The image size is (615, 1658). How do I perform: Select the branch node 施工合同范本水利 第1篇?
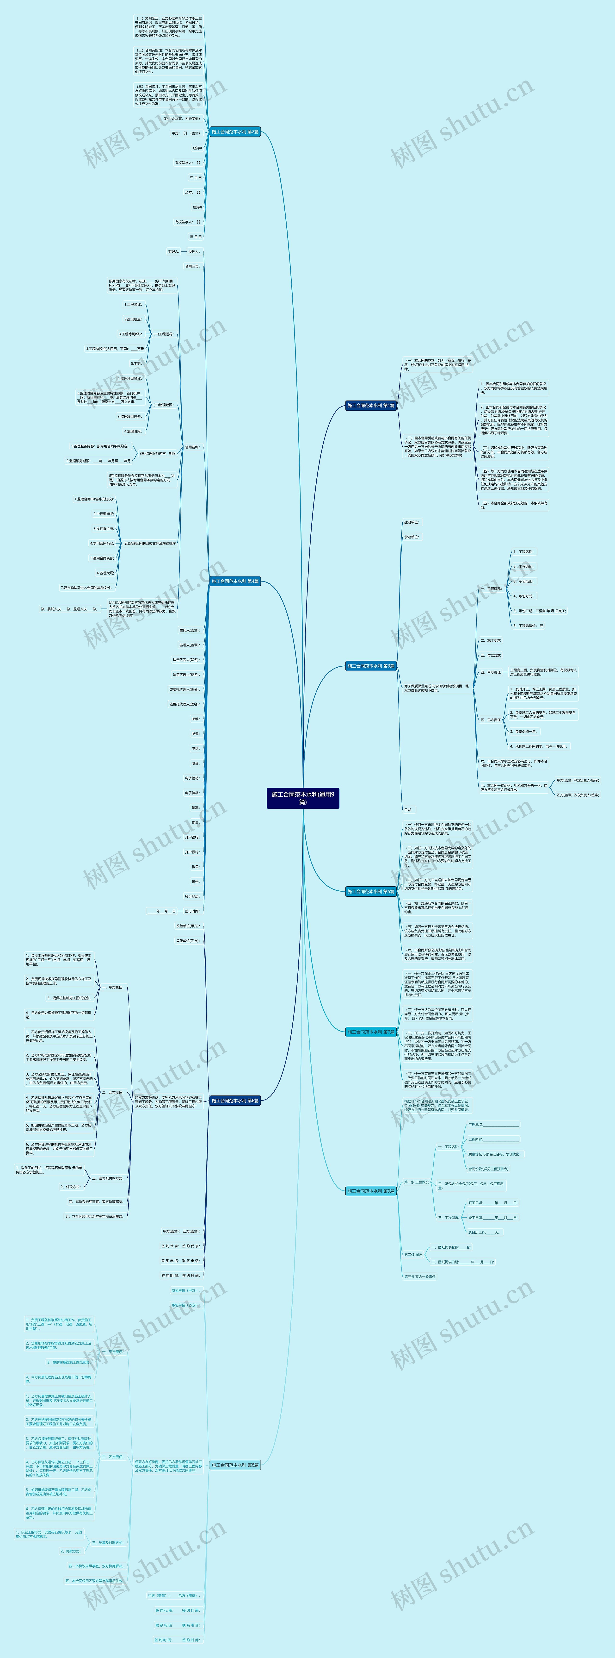tap(370, 406)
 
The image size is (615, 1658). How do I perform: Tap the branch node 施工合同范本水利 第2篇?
tap(235, 132)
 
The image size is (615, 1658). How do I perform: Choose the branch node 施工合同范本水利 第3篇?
tap(370, 665)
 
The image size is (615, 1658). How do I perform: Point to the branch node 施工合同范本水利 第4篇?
tap(235, 581)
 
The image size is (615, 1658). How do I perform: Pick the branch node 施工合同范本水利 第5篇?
tap(370, 891)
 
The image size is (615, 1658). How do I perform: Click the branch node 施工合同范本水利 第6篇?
tap(235, 1101)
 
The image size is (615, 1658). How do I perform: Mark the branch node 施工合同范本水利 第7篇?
tap(370, 1032)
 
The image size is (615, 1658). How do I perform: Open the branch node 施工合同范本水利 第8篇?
tap(235, 1465)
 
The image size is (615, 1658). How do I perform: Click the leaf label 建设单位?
tap(411, 522)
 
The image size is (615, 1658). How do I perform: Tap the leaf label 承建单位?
tap(411, 537)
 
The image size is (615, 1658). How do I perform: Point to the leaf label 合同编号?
tap(192, 266)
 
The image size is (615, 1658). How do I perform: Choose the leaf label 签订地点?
tap(192, 896)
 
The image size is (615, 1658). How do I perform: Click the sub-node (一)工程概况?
tap(163, 334)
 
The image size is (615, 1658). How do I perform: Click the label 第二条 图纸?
tap(413, 1254)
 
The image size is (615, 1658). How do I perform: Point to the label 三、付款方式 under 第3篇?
tap(490, 655)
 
